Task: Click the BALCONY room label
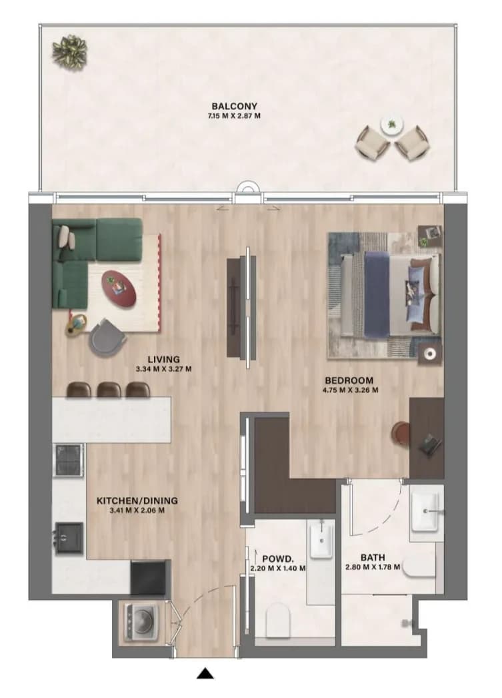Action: click(234, 106)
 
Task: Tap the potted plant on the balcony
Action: click(69, 53)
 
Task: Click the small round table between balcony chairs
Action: click(392, 125)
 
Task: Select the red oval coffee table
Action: click(119, 290)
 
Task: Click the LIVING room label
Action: click(163, 359)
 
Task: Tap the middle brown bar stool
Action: click(109, 390)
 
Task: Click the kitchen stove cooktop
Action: click(68, 460)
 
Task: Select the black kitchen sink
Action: click(69, 539)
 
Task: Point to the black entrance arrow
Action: click(205, 673)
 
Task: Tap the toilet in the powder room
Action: click(278, 619)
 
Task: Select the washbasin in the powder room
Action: click(321, 541)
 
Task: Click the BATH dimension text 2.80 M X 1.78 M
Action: click(373, 567)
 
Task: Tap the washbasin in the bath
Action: click(427, 512)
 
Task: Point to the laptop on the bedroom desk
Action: click(431, 445)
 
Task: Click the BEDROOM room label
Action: click(349, 380)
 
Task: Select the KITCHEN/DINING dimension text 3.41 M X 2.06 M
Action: click(137, 510)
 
